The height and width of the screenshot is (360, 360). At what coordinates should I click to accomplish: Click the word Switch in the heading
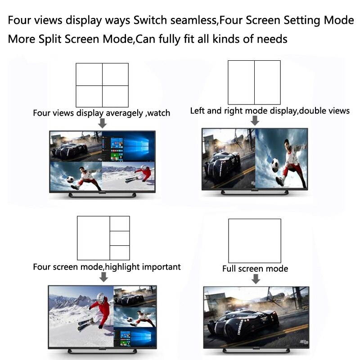(150, 20)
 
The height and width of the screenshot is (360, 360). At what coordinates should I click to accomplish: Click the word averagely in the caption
(124, 113)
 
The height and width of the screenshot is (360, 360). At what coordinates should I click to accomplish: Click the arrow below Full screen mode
(256, 279)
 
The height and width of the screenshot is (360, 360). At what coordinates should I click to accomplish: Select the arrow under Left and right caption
(255, 121)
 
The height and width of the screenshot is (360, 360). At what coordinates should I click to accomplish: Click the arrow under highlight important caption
(103, 277)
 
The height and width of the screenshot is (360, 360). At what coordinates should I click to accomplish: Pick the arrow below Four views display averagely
(103, 123)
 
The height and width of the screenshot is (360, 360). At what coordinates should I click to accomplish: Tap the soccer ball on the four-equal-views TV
(71, 179)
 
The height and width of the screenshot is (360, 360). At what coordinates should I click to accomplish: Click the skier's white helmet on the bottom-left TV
(100, 297)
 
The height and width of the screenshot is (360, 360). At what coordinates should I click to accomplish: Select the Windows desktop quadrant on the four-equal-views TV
(128, 146)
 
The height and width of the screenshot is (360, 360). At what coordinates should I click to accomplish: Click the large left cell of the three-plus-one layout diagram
(94, 238)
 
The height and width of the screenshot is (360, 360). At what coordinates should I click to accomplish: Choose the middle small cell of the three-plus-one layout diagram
(120, 238)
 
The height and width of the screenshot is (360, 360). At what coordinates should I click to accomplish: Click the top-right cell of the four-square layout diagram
(115, 74)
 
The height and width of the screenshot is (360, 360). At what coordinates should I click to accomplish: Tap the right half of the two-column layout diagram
(267, 82)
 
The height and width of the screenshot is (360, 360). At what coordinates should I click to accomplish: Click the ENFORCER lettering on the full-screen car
(240, 327)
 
